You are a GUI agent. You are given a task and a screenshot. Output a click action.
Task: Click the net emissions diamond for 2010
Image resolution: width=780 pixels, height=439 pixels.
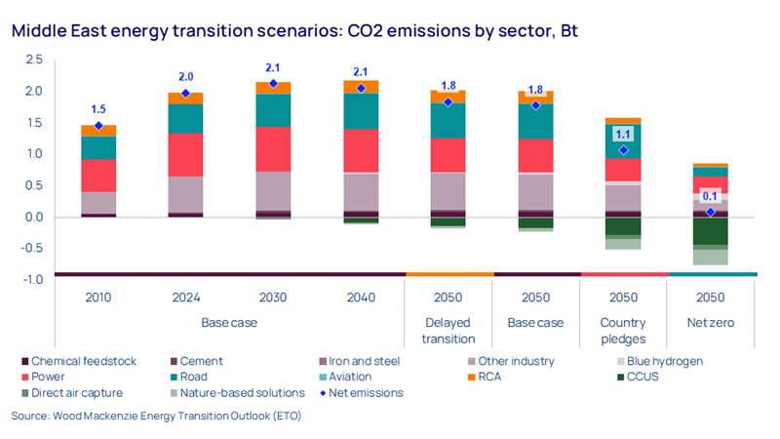98,125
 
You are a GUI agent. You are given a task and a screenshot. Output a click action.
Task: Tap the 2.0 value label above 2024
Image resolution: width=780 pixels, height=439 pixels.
186,77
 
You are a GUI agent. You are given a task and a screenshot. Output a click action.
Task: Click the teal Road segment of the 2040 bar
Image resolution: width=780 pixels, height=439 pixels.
362,111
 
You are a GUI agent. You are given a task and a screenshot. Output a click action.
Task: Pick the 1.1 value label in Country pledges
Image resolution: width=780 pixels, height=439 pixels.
624,135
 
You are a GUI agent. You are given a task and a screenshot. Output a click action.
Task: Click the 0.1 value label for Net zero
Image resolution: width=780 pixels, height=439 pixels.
712,196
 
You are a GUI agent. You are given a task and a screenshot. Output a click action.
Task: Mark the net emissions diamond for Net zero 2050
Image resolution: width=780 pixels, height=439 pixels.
712,212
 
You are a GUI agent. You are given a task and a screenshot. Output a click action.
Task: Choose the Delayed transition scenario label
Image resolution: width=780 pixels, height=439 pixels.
449,331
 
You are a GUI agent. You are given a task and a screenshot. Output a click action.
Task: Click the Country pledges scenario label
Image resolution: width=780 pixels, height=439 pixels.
624,331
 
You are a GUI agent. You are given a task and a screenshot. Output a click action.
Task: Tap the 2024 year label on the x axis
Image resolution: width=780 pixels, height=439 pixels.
186,298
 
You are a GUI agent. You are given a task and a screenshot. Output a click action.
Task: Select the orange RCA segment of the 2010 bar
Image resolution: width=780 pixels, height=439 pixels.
98,130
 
